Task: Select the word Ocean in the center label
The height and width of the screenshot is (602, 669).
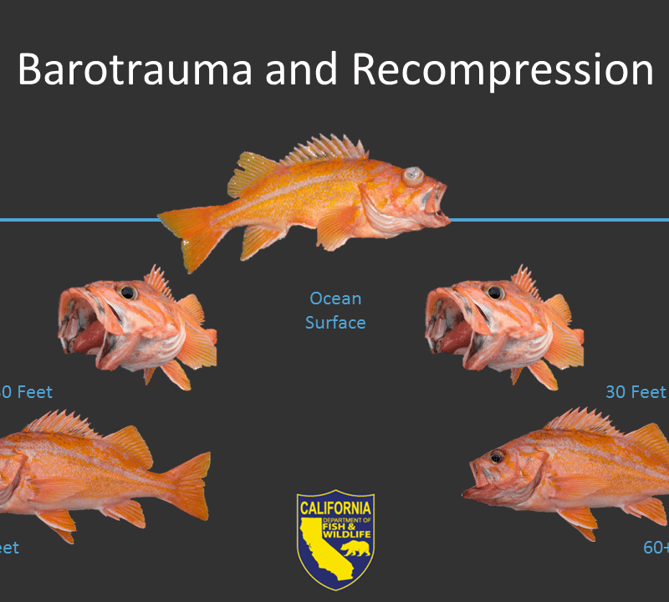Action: click(x=335, y=298)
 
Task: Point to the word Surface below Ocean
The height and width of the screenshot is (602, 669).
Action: click(x=335, y=322)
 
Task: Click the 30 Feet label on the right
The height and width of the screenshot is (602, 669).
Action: click(x=636, y=391)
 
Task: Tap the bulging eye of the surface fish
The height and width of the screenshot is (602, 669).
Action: click(x=411, y=176)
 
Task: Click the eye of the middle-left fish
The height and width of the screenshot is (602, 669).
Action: click(x=127, y=293)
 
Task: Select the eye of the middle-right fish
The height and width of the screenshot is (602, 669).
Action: click(x=495, y=293)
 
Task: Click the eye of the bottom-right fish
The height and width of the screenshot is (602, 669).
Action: click(x=496, y=457)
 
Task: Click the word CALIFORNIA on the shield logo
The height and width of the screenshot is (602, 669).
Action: click(x=335, y=507)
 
